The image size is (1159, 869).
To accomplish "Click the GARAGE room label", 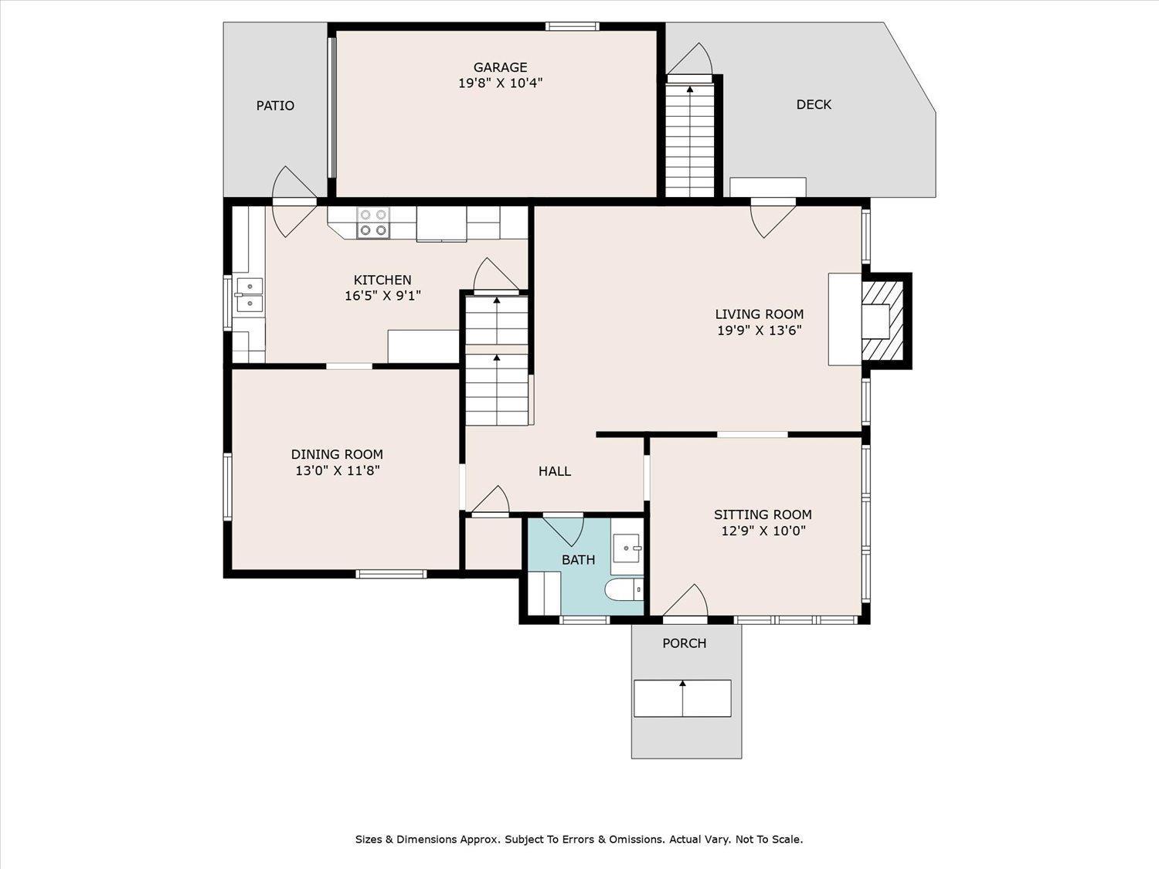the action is click(500, 67).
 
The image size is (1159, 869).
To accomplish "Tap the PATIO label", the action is click(275, 106).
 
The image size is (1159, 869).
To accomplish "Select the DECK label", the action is click(814, 104).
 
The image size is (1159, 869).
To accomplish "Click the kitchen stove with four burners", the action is click(373, 222).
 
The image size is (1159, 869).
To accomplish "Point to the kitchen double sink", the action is click(250, 295).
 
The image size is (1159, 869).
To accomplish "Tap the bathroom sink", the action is click(628, 548).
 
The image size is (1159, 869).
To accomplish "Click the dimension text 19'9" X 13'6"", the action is click(760, 331).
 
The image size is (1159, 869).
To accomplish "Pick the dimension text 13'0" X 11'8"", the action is click(338, 470).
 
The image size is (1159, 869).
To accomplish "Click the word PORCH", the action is click(685, 643).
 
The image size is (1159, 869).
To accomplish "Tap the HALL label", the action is click(555, 471).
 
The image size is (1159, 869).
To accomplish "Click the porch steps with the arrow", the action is click(682, 698).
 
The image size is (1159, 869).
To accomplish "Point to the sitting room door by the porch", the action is click(685, 601).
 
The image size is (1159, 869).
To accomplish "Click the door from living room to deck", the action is click(773, 219).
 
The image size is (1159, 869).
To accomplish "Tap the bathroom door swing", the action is click(563, 530).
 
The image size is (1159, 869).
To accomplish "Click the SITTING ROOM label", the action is click(763, 514).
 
